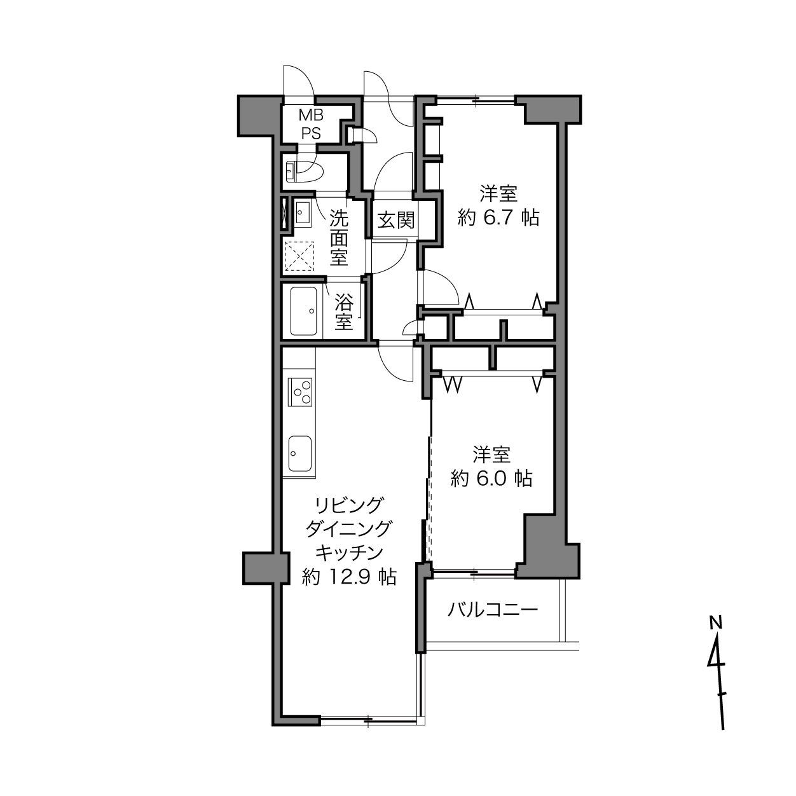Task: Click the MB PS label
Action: point(311,124)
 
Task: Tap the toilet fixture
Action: point(305,171)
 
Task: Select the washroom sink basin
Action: point(303,213)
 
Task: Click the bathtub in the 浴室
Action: point(303,311)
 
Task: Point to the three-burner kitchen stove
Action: point(300,392)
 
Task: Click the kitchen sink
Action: point(300,453)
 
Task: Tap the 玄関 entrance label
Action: point(396,220)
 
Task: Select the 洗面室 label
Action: point(339,237)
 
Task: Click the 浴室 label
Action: point(344,312)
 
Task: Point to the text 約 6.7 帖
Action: point(498,217)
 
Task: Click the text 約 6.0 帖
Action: point(491,478)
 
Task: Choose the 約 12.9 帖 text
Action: point(350,577)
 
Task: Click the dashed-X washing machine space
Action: point(299,256)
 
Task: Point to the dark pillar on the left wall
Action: point(266,568)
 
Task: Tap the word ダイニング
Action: point(348,528)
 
